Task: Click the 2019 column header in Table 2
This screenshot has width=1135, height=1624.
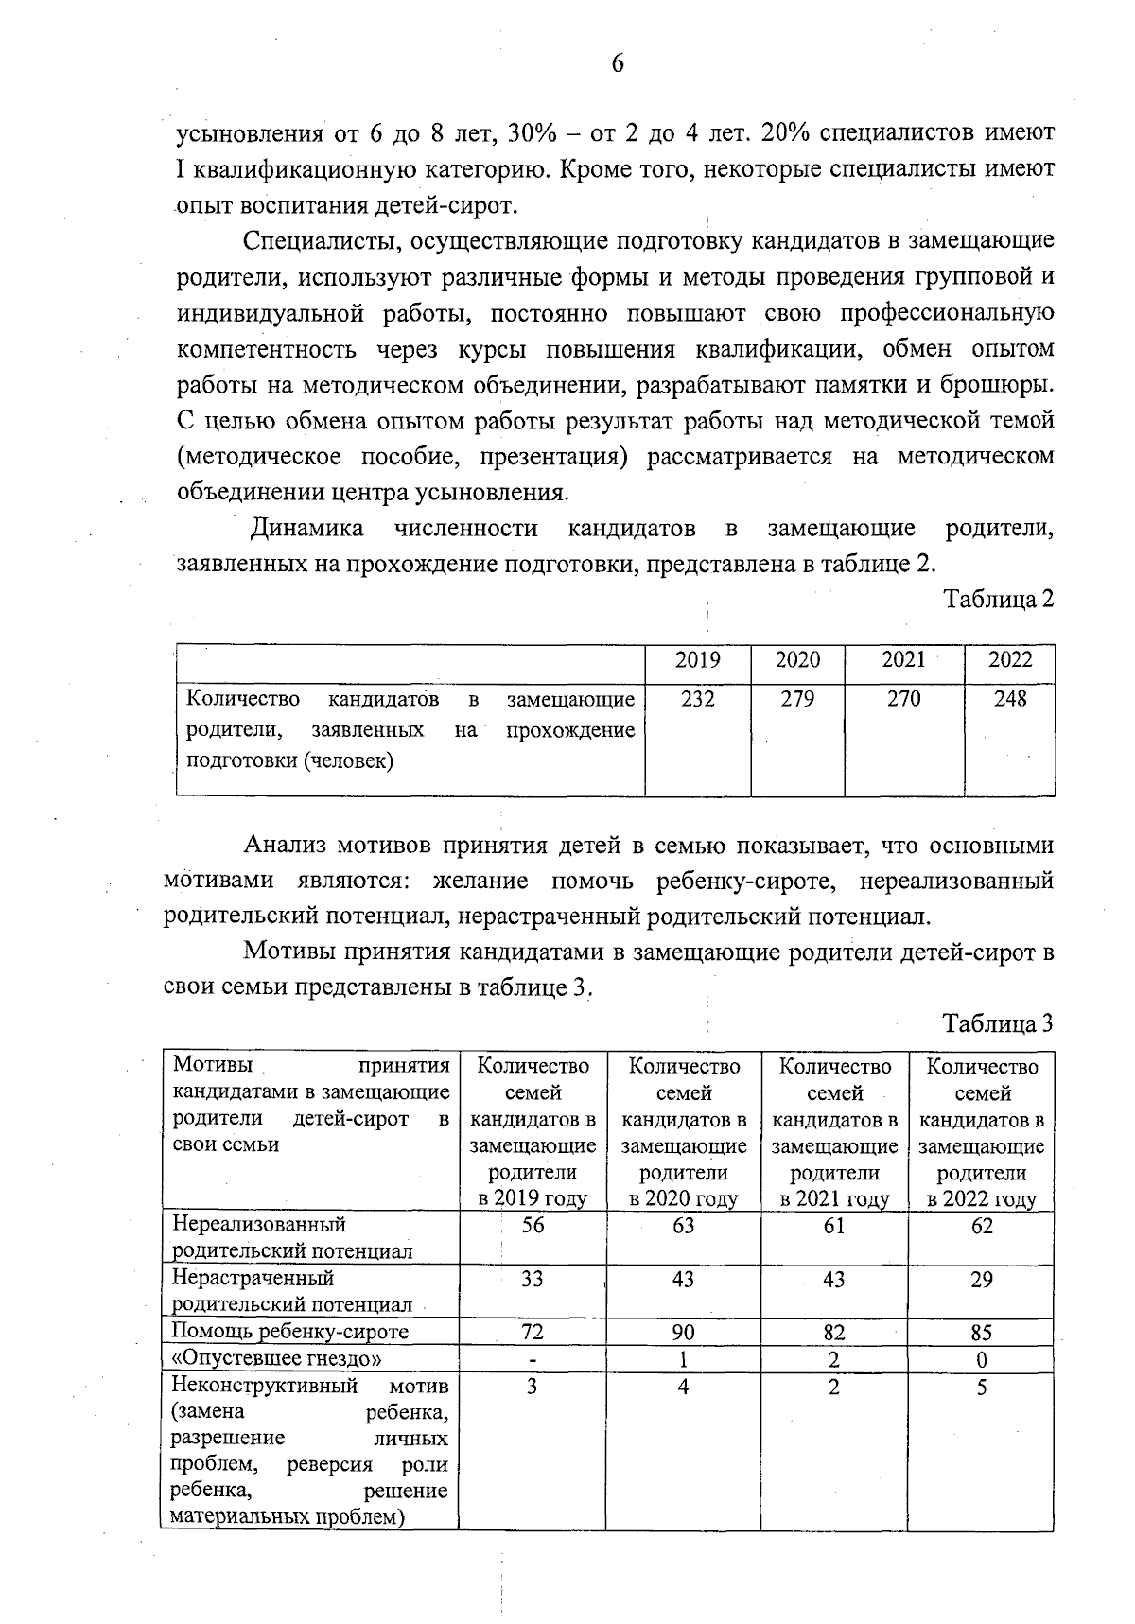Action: tap(697, 660)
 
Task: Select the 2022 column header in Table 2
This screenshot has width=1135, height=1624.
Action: tap(1009, 660)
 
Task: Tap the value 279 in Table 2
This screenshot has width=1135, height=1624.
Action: tap(797, 699)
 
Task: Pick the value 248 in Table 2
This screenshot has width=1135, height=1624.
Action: tap(1009, 699)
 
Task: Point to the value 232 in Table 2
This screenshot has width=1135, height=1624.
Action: tap(697, 699)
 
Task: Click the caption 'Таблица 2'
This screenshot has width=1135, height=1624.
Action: tap(998, 599)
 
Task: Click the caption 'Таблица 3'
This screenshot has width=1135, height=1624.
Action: tap(998, 1023)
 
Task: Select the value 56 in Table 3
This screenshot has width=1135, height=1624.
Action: tap(533, 1226)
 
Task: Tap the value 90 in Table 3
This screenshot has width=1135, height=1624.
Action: tap(683, 1332)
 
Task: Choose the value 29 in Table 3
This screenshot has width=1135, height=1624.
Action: tap(982, 1279)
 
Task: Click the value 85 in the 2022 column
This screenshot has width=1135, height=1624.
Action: tap(982, 1332)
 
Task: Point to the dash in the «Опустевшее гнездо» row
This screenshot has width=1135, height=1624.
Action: tap(533, 1359)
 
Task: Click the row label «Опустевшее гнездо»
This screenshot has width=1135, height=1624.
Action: tap(277, 1359)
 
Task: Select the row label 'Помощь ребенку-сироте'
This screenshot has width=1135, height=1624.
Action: tap(290, 1332)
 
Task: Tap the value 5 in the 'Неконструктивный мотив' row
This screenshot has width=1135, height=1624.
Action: tap(982, 1388)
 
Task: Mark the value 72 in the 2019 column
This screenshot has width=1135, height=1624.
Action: tap(533, 1332)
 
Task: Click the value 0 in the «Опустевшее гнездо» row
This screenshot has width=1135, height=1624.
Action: tap(982, 1359)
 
